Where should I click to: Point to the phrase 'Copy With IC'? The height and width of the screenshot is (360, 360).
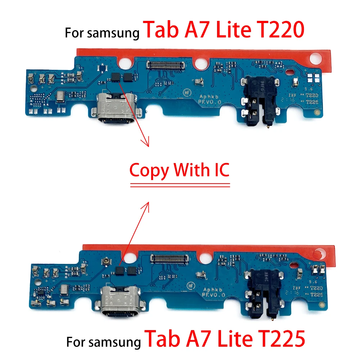click(x=179, y=170)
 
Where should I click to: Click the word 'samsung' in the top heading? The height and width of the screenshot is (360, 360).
click(x=114, y=33)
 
